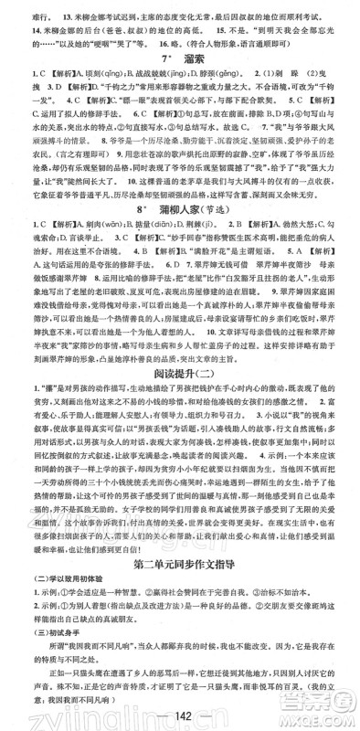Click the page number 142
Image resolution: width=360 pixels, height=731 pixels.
coord(179,713)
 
